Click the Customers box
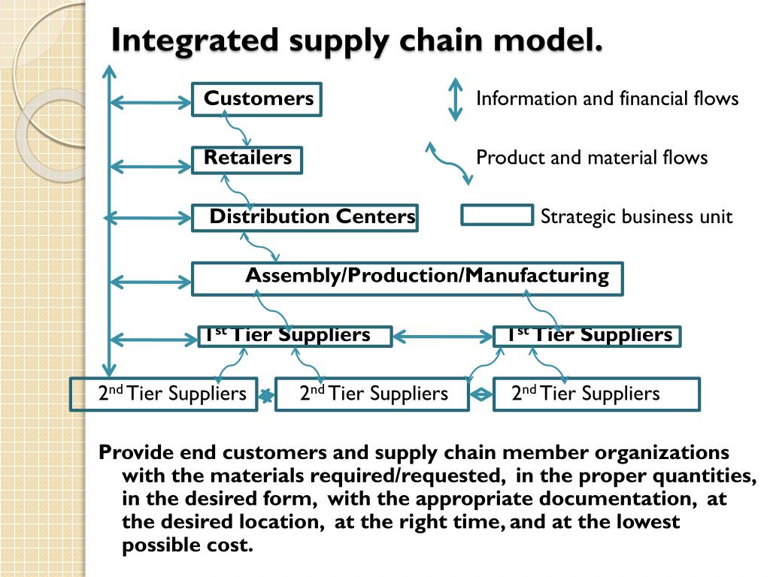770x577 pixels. click(256, 99)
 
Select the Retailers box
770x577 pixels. click(247, 159)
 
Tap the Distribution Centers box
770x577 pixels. click(305, 218)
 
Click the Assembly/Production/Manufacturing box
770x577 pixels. click(408, 278)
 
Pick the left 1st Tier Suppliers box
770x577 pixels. click(295, 336)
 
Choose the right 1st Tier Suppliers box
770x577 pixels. click(587, 336)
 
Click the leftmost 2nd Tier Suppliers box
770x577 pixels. click(163, 394)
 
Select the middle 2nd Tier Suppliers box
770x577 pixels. click(372, 394)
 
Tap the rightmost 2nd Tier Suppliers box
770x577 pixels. click(596, 394)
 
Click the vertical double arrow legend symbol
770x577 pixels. click(455, 99)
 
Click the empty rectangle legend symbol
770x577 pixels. click(496, 216)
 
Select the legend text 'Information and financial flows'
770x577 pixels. click(607, 98)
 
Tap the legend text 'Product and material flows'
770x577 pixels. click(592, 158)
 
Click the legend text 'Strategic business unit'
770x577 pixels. click(636, 217)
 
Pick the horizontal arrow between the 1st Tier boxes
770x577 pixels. click(442, 336)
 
